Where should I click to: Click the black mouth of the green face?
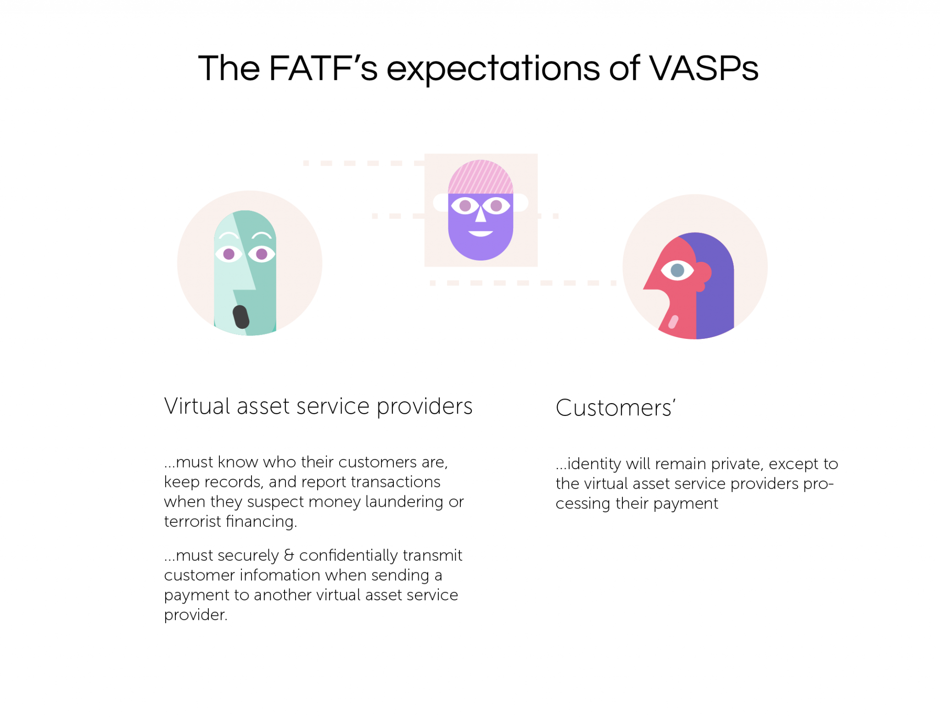coord(241,317)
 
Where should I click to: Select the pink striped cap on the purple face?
coord(481,177)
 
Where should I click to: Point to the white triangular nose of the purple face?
coord(481,213)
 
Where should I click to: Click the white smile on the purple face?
coord(481,233)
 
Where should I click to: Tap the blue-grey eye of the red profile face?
coord(677,270)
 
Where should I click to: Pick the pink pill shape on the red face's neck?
coord(673,322)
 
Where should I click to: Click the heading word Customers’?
coord(615,408)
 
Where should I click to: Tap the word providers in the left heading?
coord(425,407)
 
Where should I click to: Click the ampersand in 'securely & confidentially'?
coord(289,555)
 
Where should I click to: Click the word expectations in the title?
coord(493,69)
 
